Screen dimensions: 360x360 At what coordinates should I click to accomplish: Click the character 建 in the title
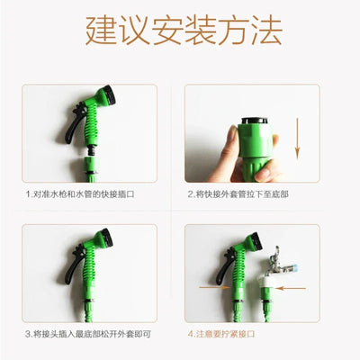[99, 31]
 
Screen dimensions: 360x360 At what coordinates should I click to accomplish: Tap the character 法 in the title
[261, 31]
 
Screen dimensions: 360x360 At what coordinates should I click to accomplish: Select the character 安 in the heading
[164, 31]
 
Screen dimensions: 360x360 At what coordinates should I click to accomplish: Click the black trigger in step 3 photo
[69, 266]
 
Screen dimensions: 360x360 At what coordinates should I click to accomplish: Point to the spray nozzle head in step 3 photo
[105, 240]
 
